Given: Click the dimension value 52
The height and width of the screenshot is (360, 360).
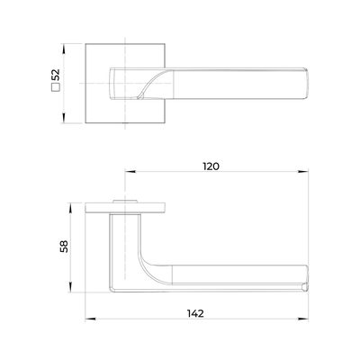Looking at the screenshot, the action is click(56, 75).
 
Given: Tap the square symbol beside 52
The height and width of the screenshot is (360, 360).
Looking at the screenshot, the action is click(56, 87).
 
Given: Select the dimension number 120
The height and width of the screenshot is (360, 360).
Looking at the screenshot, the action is click(211, 166).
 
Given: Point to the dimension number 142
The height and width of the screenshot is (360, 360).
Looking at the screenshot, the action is click(195, 313).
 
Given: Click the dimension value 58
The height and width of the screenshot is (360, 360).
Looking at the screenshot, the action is click(64, 247).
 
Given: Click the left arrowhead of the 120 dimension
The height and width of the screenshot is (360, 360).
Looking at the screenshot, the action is click(130, 172).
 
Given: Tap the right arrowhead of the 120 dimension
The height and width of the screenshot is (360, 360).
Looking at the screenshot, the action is click(303, 172).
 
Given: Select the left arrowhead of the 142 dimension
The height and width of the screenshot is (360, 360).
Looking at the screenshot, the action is click(90, 319).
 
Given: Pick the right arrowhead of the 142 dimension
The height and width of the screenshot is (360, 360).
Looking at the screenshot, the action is click(303, 319).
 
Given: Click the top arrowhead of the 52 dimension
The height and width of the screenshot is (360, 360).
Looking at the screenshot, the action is click(63, 49).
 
